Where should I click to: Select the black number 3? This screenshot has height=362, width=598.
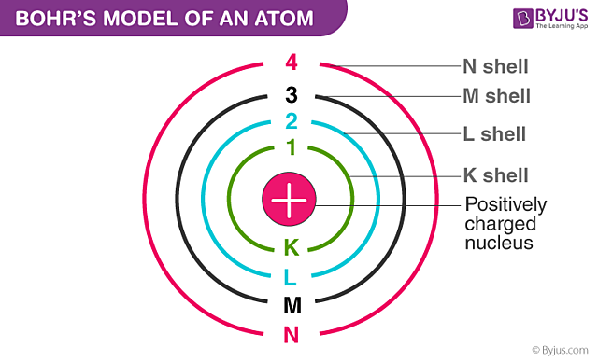(x=291, y=93)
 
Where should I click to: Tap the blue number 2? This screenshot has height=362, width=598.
(x=291, y=120)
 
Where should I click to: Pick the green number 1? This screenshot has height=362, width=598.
(x=291, y=146)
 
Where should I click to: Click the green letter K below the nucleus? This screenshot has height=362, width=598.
(x=291, y=247)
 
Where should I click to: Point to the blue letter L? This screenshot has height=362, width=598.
(x=291, y=276)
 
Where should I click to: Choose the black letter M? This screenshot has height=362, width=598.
(x=291, y=304)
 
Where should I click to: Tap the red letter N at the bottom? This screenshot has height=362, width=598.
(x=291, y=333)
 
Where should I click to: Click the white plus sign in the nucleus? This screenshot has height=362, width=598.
(x=290, y=199)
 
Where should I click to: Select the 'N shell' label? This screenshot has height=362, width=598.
(x=495, y=66)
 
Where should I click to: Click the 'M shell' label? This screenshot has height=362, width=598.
(x=496, y=96)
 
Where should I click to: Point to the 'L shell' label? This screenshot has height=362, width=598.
(x=494, y=134)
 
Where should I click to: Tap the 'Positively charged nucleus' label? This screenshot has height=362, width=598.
(x=505, y=224)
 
